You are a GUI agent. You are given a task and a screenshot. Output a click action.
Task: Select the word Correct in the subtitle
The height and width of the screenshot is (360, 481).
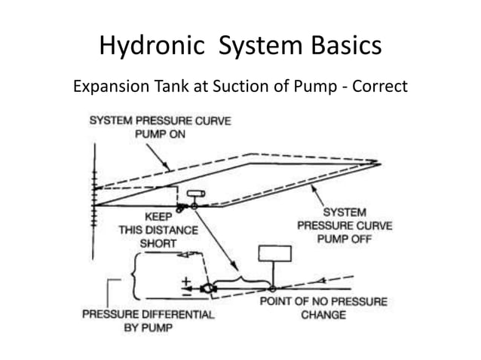click(x=378, y=87)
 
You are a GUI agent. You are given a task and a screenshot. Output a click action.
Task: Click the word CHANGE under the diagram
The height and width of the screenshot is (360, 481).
click(x=323, y=315)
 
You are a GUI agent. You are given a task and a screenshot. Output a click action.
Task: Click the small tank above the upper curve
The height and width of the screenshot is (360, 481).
click(x=193, y=194)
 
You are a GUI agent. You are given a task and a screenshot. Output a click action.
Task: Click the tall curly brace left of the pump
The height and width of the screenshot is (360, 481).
click(x=133, y=276)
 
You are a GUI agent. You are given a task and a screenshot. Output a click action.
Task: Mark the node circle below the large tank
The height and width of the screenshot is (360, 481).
click(x=271, y=287)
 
